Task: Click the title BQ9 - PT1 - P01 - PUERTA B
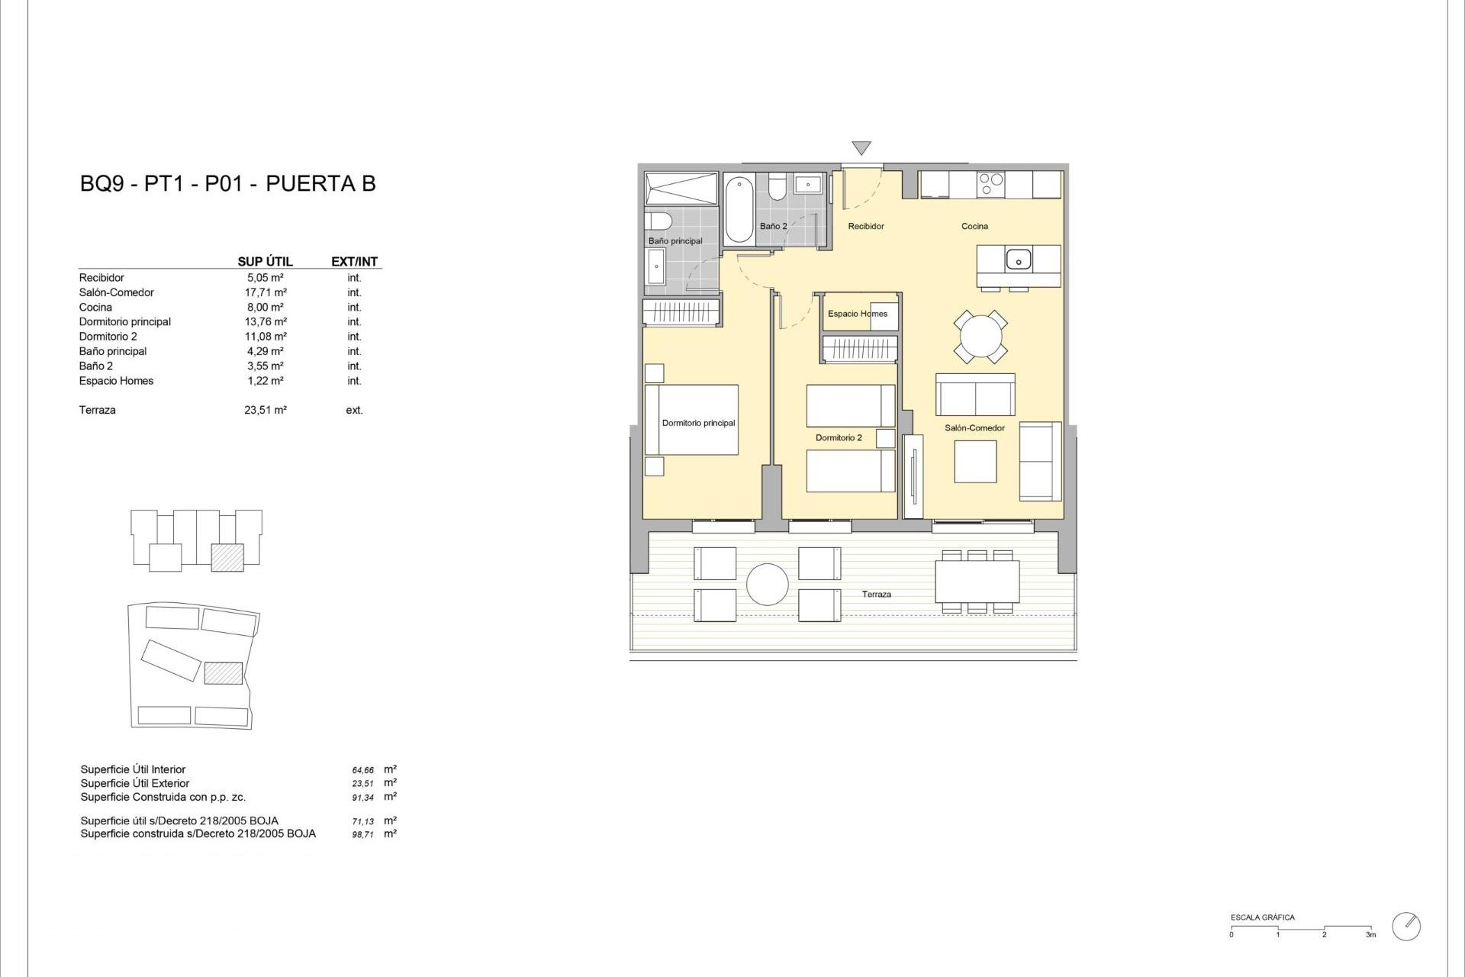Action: (x=227, y=184)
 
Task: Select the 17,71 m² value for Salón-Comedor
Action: (x=265, y=292)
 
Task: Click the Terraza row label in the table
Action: (x=98, y=410)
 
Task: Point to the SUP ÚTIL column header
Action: (x=265, y=261)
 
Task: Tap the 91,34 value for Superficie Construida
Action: (x=363, y=798)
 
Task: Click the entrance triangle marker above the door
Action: (x=861, y=148)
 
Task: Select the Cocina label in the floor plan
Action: (x=974, y=226)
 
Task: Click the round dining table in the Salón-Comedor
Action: (x=980, y=337)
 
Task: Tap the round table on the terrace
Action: (x=767, y=585)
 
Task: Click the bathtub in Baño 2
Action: (x=739, y=209)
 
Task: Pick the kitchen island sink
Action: (x=1018, y=260)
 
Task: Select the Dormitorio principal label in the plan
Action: (x=698, y=423)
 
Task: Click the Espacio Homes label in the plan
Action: (x=857, y=314)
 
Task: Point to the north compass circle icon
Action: (x=1406, y=926)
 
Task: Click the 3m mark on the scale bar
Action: (x=1370, y=933)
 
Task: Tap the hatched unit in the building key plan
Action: (x=227, y=558)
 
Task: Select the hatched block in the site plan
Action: (x=224, y=672)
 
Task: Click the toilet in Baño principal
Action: (x=658, y=221)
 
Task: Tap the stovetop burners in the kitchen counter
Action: (x=990, y=184)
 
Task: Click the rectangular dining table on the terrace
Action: (x=977, y=582)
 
